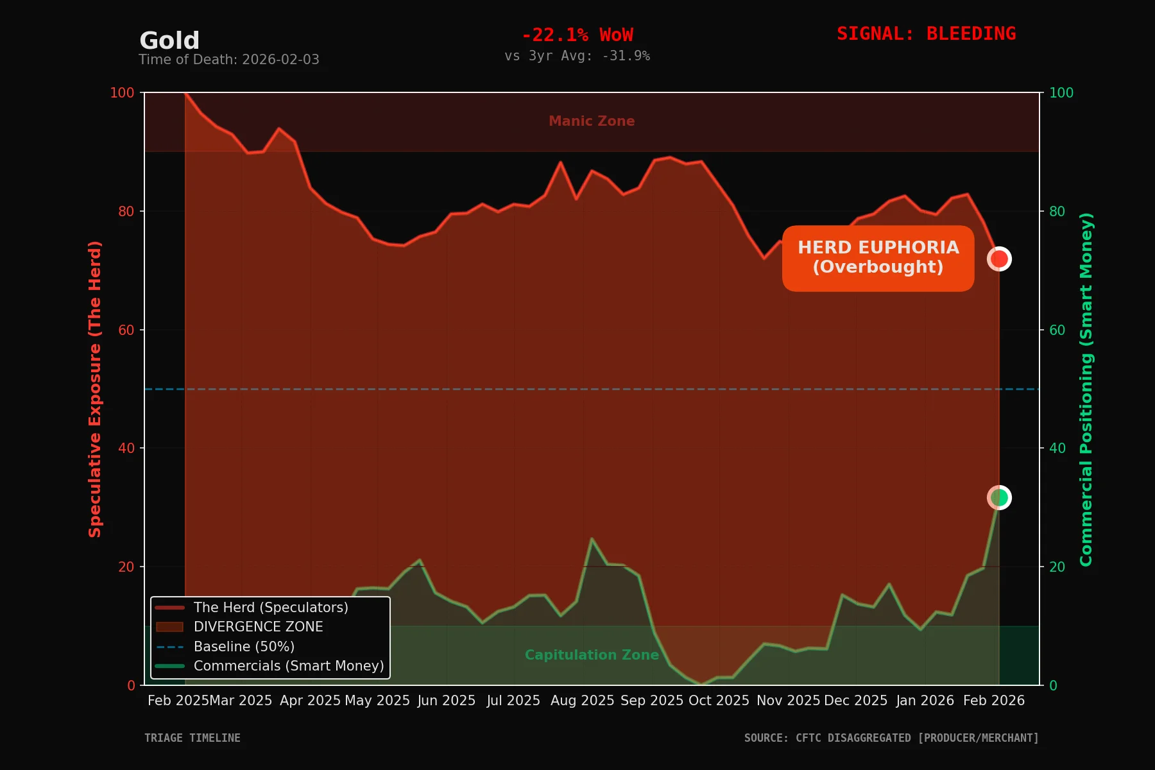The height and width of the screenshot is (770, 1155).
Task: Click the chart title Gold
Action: [x=169, y=40]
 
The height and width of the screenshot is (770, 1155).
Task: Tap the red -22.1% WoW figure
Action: [x=577, y=35]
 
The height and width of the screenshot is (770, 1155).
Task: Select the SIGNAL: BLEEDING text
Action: [x=926, y=33]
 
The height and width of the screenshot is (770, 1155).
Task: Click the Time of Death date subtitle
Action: [x=229, y=60]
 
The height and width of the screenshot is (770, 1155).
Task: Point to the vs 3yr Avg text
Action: [x=577, y=56]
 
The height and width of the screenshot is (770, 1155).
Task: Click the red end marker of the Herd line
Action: [x=999, y=259]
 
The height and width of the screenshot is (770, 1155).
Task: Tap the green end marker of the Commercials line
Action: [x=999, y=497]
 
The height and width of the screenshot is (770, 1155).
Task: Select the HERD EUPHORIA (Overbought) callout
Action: [x=878, y=258]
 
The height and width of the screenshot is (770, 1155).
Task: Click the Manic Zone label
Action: [x=592, y=121]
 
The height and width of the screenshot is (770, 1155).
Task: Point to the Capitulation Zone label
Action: [x=592, y=655]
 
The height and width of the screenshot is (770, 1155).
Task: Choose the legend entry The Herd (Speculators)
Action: [x=271, y=607]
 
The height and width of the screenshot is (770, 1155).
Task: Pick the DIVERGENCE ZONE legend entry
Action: [x=258, y=627]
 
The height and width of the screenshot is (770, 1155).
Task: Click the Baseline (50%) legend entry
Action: [x=244, y=647]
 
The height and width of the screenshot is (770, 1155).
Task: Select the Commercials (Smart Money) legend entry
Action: [x=289, y=666]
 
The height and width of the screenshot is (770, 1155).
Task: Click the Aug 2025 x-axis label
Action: [x=582, y=701]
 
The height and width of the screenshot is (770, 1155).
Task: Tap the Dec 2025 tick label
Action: [x=855, y=701]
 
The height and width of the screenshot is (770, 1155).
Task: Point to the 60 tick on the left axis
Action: [x=126, y=330]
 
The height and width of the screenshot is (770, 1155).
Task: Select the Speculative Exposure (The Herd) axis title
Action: [x=95, y=389]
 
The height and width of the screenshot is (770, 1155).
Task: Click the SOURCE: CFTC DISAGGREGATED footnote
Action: [x=891, y=738]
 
